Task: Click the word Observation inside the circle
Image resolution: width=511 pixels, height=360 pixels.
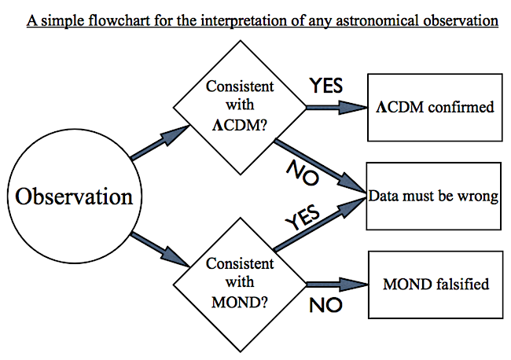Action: tap(75, 197)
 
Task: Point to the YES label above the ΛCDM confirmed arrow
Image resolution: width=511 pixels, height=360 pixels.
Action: tap(326, 86)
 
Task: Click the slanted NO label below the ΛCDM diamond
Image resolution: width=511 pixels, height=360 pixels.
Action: tap(303, 173)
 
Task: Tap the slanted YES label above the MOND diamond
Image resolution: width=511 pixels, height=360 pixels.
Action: tap(303, 217)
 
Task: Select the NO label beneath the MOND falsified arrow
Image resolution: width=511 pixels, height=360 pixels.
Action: tap(325, 305)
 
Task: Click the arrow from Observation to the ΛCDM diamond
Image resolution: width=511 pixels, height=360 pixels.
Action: tap(160, 142)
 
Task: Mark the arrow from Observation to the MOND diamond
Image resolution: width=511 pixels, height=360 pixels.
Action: tap(160, 249)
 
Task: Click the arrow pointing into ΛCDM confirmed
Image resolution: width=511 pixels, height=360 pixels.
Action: tap(337, 108)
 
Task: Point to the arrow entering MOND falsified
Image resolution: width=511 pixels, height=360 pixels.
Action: tap(337, 285)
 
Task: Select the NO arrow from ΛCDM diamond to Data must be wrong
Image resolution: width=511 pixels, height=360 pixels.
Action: tap(320, 167)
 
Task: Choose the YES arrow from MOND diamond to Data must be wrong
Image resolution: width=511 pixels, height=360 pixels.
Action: tap(320, 224)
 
